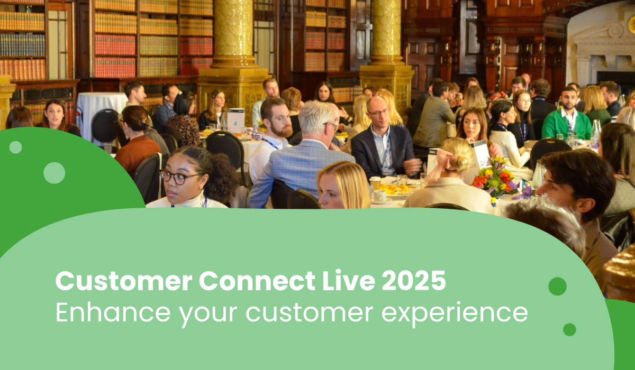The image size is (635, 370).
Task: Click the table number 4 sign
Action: pos(235,119)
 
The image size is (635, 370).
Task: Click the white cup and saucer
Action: pos(379,197)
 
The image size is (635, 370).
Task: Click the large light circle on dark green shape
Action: pos(54,173)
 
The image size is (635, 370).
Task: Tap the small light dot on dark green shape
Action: pos(16,147)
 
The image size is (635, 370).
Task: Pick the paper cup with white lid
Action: pos(375,182)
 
